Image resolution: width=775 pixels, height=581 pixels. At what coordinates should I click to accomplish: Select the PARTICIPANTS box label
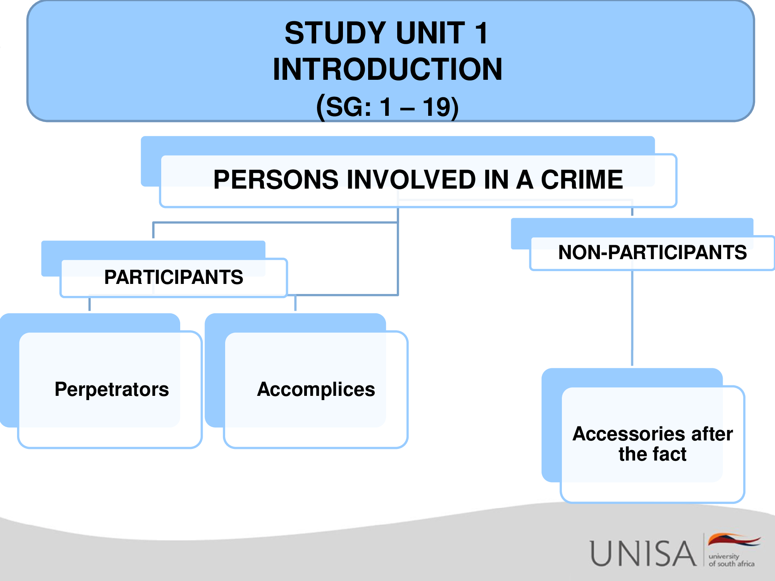point(174,277)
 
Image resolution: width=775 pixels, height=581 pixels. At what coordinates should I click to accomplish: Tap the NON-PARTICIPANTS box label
point(653,253)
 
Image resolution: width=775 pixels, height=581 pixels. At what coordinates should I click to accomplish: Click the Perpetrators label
point(112,389)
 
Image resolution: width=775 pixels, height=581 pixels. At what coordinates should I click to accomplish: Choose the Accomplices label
point(316,389)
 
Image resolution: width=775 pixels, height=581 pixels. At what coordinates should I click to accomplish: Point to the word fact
point(669,454)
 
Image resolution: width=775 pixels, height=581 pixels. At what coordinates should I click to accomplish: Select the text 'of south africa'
point(732,564)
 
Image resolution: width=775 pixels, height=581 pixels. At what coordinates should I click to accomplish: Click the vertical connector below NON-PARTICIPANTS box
point(632,318)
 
